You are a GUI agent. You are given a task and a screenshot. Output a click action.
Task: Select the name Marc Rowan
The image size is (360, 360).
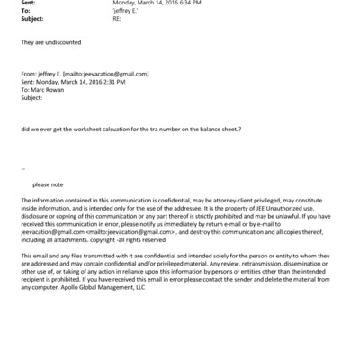click(51, 90)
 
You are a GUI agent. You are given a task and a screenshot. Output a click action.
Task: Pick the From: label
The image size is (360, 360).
click(30, 74)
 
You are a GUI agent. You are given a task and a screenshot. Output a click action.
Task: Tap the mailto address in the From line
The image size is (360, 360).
click(112, 74)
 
